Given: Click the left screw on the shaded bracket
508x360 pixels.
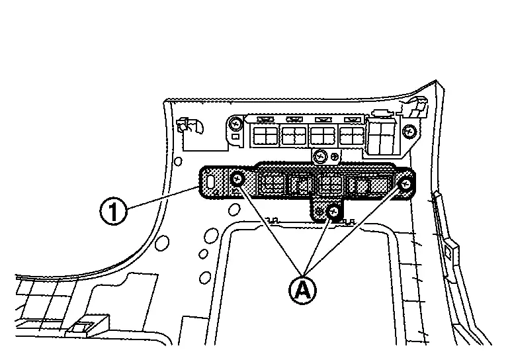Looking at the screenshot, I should point(237,179).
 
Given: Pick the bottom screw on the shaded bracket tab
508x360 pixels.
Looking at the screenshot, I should point(334,212).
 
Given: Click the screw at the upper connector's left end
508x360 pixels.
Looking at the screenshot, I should point(235,124).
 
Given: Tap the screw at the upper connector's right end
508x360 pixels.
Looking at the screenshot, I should point(410,129).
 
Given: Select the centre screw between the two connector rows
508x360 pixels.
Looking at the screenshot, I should point(320,157).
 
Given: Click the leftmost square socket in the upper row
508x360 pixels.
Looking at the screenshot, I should point(265,136).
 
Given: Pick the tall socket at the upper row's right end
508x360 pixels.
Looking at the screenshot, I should point(382,137).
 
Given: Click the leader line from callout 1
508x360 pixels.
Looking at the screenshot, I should point(162,199).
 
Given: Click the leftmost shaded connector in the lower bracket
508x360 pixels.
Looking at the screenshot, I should point(272,184).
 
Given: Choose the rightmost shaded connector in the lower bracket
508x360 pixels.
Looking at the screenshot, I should point(362,185).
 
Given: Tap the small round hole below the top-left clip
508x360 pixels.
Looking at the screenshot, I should point(178,161).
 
